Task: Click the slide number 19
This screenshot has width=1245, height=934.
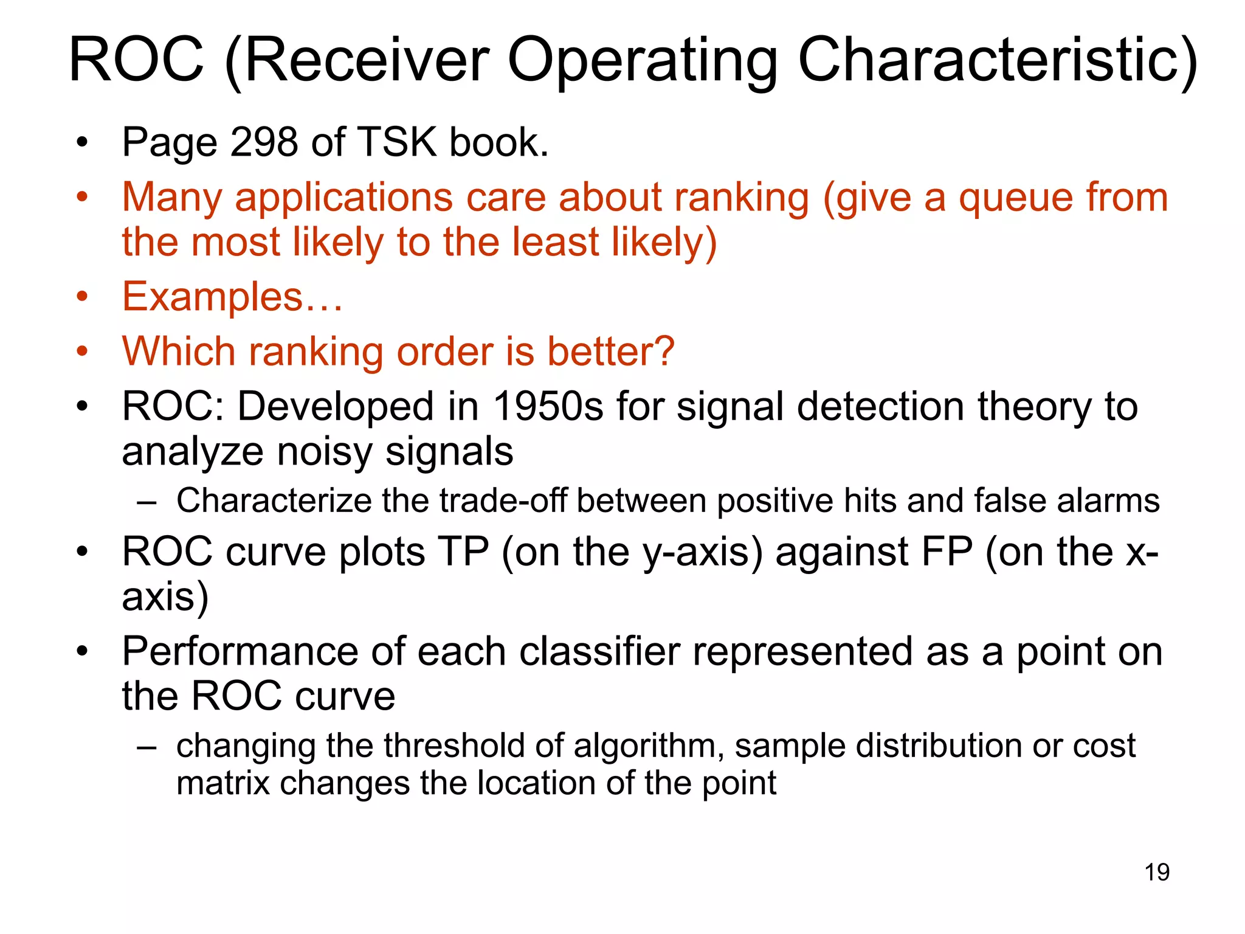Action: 1157,872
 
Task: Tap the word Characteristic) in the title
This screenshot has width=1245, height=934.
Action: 998,60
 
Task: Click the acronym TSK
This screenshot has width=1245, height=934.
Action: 397,142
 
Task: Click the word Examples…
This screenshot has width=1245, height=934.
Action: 232,297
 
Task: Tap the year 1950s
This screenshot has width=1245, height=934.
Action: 548,406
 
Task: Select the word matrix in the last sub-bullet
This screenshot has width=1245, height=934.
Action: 222,783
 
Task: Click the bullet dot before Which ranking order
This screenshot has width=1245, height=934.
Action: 83,351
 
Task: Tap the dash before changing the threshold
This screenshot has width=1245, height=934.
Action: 147,747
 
